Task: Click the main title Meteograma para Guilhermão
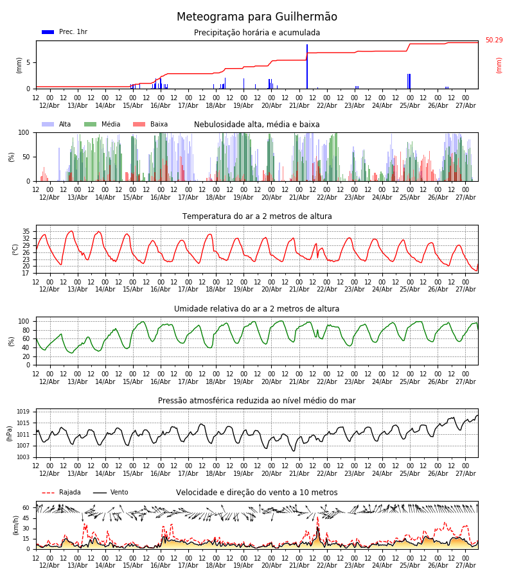(256, 17)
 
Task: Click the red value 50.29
(494, 40)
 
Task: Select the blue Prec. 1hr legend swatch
(48, 32)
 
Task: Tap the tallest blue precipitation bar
(306, 66)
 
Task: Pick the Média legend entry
(102, 124)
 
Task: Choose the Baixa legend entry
(150, 124)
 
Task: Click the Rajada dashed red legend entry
(61, 493)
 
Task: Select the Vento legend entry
(111, 493)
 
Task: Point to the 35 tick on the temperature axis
(26, 231)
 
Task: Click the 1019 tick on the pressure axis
(23, 412)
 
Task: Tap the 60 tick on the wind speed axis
(26, 508)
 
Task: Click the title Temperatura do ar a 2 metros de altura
(257, 216)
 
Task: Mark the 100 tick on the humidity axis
(24, 322)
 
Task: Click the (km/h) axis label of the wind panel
(15, 525)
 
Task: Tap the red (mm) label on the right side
(499, 66)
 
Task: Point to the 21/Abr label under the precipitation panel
(299, 105)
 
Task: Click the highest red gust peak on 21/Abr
(317, 518)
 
